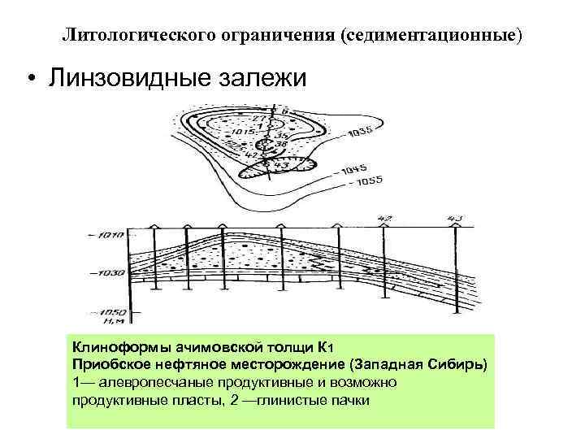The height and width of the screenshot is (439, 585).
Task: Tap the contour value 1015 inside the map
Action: pyautogui.click(x=245, y=129)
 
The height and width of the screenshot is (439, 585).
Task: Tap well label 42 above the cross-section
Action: pyautogui.click(x=385, y=219)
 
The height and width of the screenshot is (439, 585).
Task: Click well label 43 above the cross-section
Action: pyautogui.click(x=454, y=218)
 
